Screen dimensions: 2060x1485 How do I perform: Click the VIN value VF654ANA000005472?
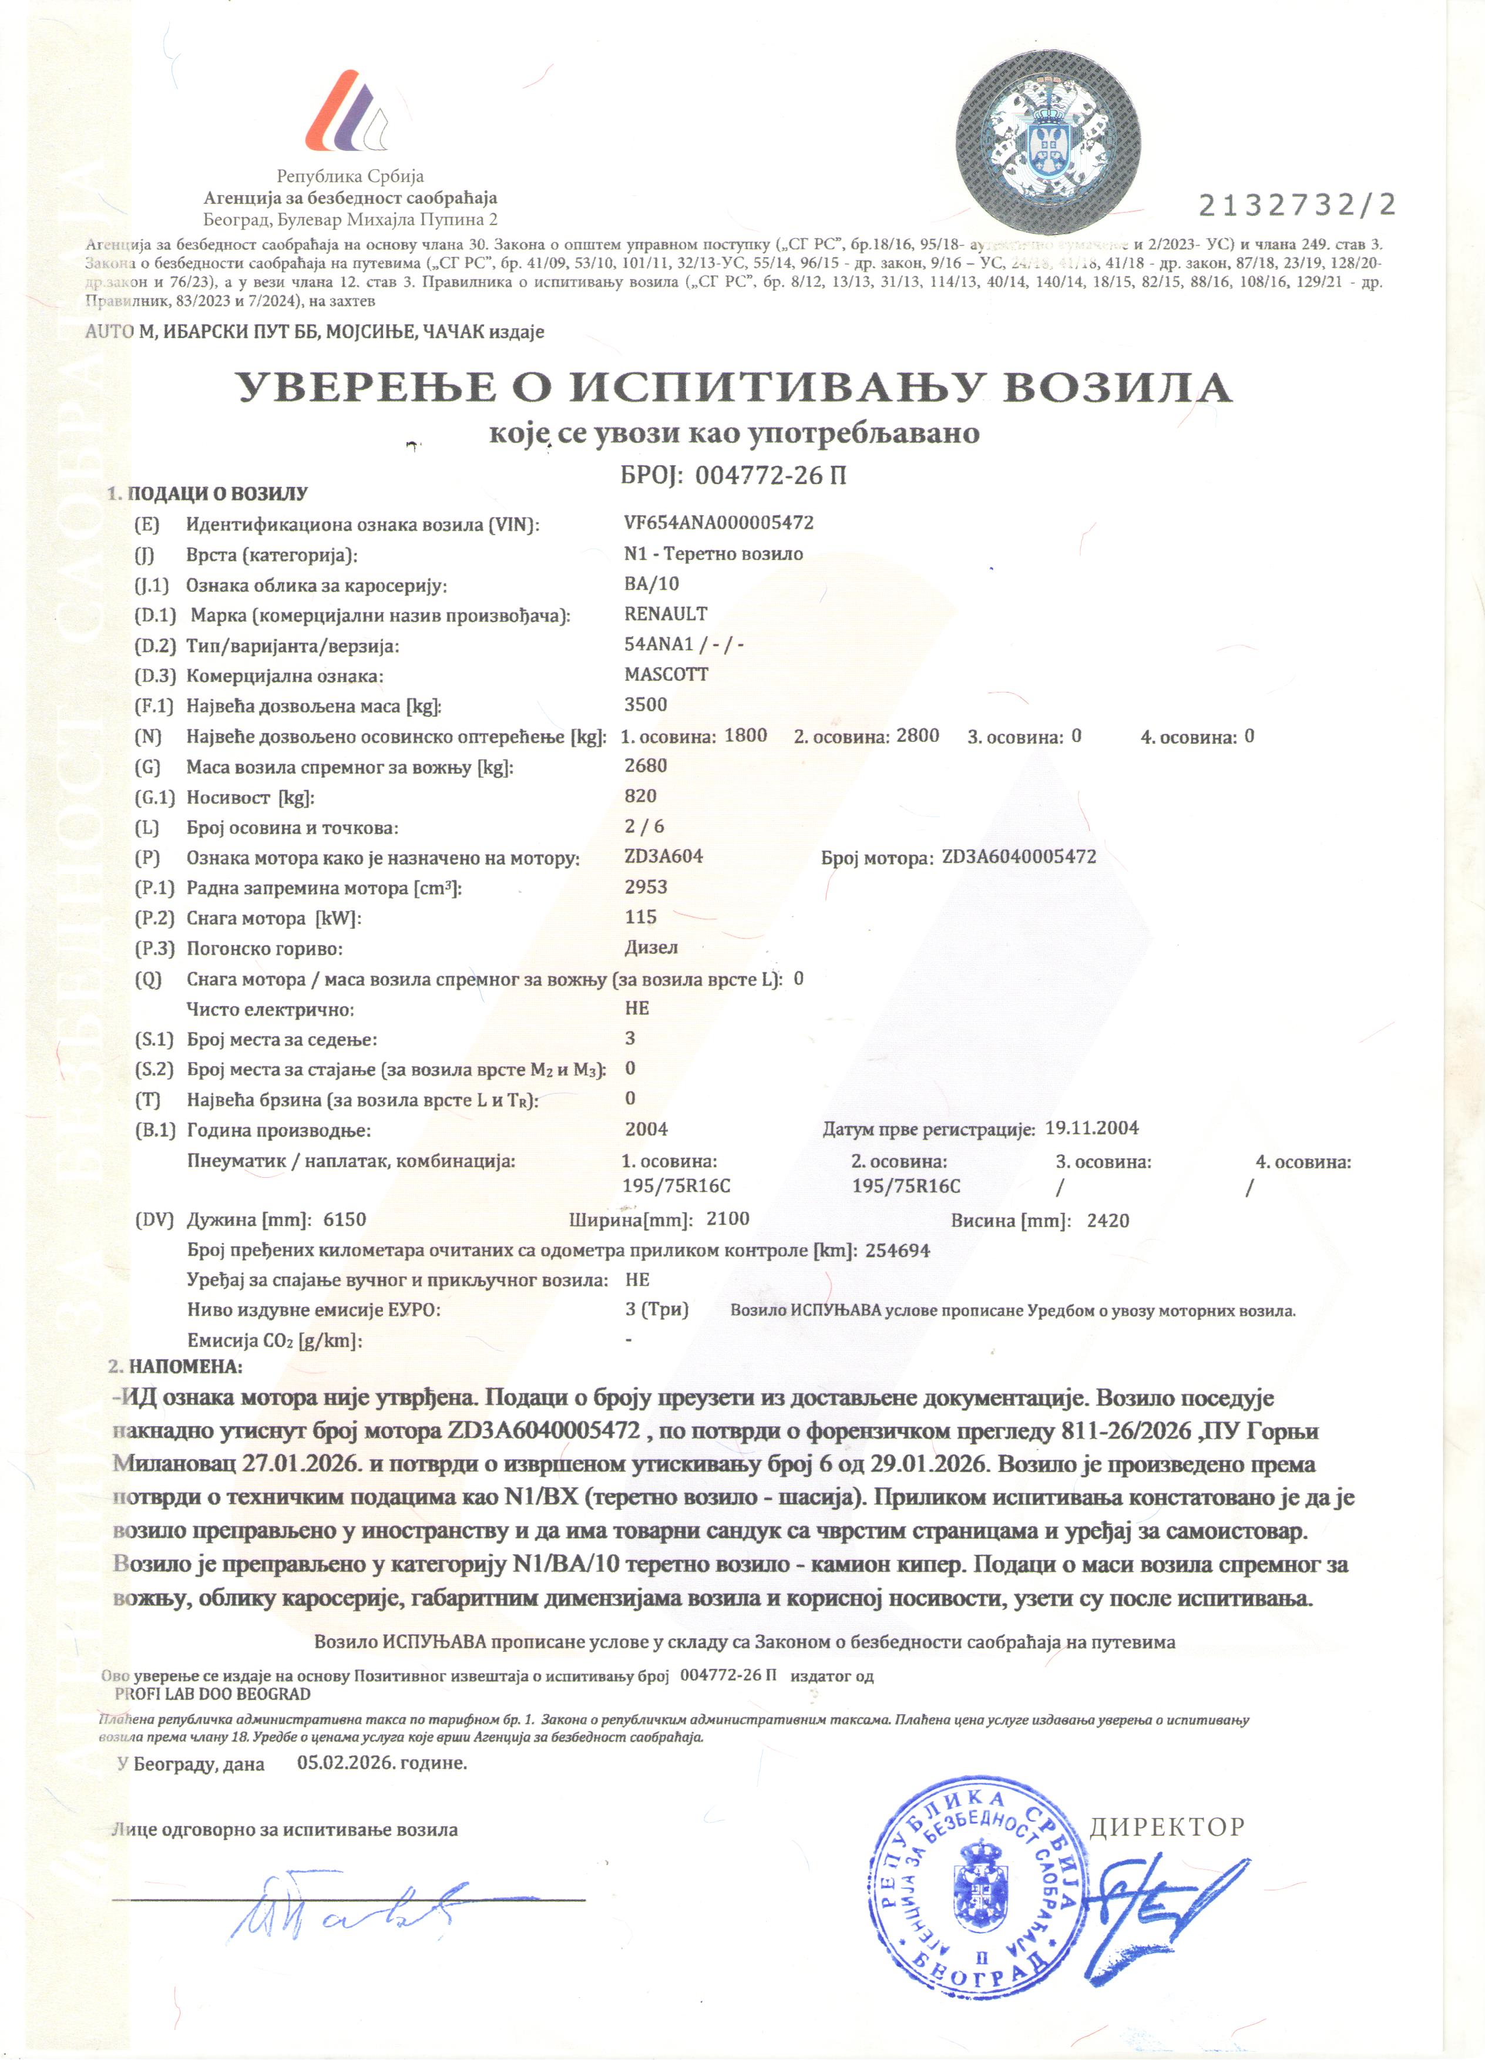point(718,523)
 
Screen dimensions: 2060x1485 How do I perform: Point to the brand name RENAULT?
point(666,614)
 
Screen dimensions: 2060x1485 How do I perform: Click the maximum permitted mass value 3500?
point(646,705)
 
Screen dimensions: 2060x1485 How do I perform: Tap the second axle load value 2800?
point(918,735)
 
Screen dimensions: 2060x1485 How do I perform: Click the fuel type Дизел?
point(651,947)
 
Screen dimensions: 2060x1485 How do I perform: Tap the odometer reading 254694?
point(898,1251)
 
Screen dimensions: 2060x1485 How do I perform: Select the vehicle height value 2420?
point(1107,1221)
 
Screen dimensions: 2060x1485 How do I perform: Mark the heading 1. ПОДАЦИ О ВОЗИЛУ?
point(208,494)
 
